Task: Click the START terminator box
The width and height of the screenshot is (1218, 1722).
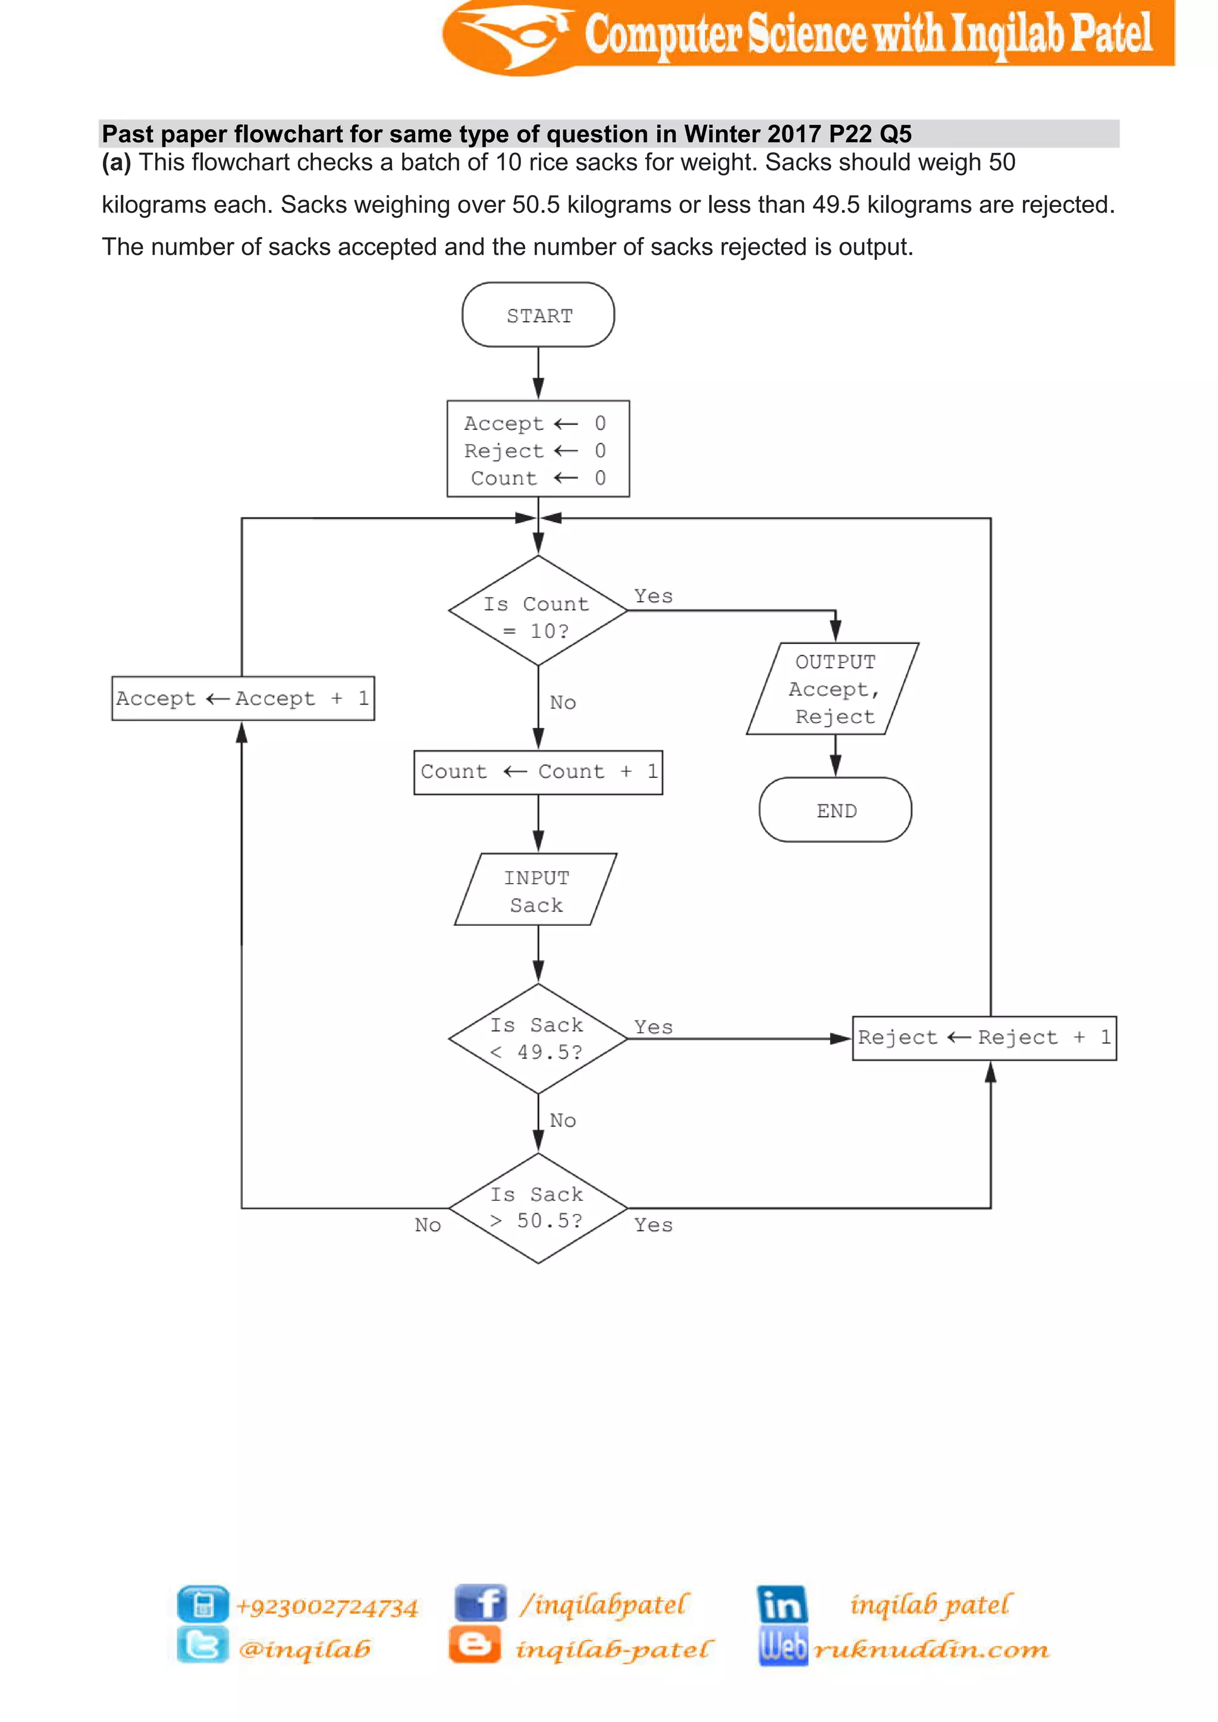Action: [538, 315]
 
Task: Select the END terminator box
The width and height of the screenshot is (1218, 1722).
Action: [835, 810]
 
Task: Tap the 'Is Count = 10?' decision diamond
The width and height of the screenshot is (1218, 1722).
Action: [538, 611]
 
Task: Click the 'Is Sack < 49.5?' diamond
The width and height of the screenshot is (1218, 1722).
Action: [538, 1039]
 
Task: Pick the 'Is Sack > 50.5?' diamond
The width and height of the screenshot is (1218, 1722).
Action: [538, 1208]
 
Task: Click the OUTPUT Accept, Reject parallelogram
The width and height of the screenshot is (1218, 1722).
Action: [833, 689]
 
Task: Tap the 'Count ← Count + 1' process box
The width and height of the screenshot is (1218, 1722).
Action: [538, 772]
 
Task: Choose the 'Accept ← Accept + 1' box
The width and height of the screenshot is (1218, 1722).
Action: [243, 698]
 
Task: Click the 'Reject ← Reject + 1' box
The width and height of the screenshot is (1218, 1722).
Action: [984, 1038]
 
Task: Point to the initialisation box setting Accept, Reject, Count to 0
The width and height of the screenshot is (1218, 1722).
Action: [538, 450]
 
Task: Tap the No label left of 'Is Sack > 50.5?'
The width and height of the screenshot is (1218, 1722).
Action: [428, 1225]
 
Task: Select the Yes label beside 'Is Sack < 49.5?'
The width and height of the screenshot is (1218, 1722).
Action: [653, 1027]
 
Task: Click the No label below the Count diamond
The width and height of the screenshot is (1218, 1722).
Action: [563, 703]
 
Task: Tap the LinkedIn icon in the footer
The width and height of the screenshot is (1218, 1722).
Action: [781, 1604]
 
